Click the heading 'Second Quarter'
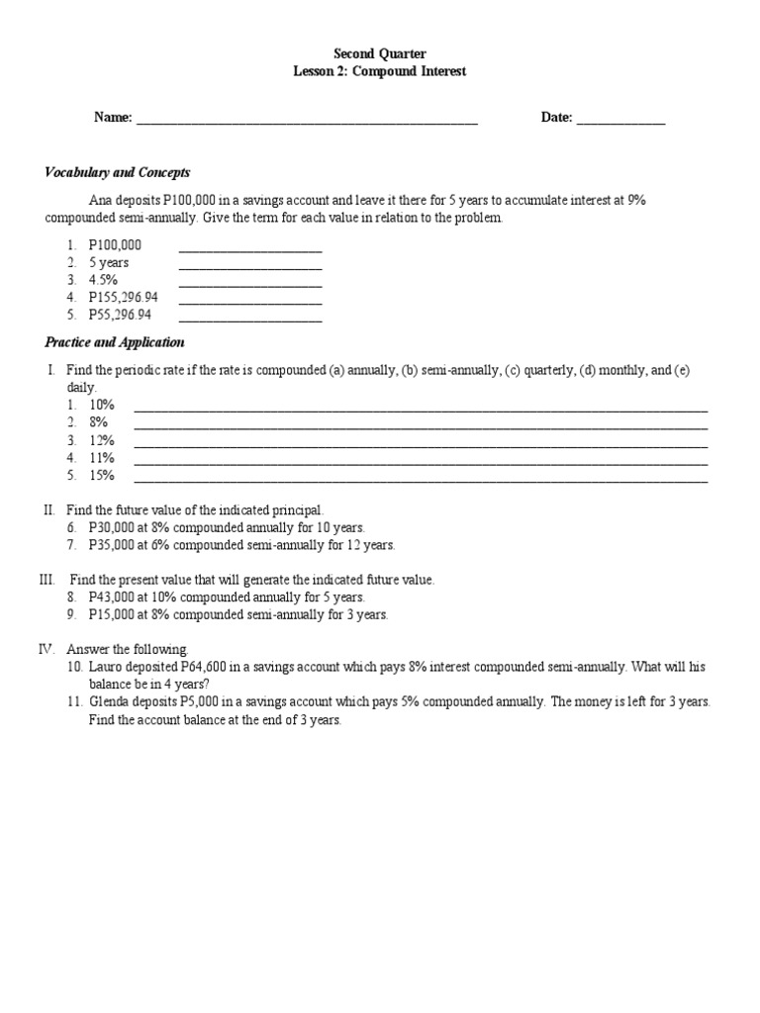(379, 53)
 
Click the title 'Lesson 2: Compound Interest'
(379, 71)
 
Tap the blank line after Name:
(307, 120)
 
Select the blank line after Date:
(620, 120)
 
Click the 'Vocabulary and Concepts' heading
(117, 172)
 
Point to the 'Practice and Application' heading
(114, 342)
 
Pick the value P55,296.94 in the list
(120, 316)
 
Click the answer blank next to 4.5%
(249, 281)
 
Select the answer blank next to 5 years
(249, 264)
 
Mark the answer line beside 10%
(421, 407)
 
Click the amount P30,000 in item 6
(111, 527)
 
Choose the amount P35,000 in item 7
(111, 545)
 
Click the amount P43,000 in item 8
(111, 598)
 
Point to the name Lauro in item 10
(105, 668)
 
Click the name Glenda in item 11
(108, 702)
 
